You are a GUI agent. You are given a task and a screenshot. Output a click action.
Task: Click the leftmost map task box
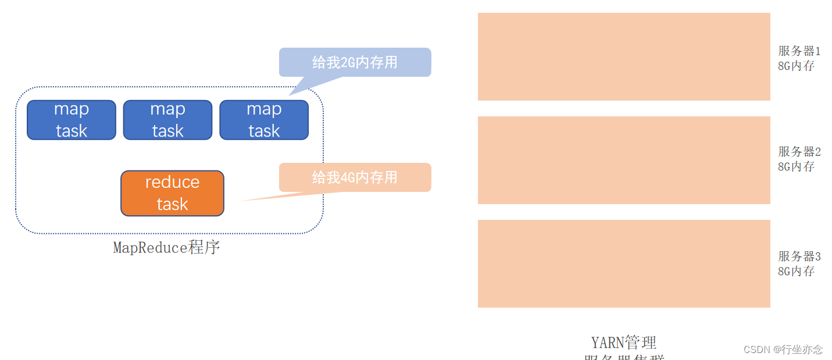point(72,120)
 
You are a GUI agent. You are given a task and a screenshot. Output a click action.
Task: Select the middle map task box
point(167,120)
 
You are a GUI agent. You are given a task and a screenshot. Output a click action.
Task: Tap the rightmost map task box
point(264,120)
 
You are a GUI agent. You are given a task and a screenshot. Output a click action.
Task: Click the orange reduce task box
point(172,193)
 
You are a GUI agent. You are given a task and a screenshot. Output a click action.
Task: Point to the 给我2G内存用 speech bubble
point(355,62)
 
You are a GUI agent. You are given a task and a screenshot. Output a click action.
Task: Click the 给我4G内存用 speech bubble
point(355,177)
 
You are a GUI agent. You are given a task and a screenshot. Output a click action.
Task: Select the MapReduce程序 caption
point(167,248)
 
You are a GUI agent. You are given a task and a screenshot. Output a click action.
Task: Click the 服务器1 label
point(799,51)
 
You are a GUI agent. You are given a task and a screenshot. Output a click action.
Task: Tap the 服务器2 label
point(799,152)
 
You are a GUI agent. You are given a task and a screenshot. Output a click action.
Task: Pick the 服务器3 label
point(799,256)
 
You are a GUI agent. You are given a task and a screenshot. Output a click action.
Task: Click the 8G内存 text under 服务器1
point(796,66)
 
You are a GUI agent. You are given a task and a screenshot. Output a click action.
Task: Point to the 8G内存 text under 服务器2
point(796,166)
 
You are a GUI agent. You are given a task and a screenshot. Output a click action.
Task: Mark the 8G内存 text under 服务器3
point(796,271)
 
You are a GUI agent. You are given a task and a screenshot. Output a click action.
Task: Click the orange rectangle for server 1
point(624,56)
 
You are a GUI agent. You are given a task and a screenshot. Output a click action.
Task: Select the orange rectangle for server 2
point(624,160)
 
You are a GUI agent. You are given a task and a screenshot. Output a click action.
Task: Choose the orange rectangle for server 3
point(624,263)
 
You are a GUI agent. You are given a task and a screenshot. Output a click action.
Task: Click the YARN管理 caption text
point(624,342)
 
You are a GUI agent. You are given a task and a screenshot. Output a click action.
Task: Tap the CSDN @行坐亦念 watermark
point(783,349)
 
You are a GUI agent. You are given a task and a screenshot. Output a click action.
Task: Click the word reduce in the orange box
point(172,182)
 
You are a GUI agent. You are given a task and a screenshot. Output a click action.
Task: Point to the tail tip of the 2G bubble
point(290,94)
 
